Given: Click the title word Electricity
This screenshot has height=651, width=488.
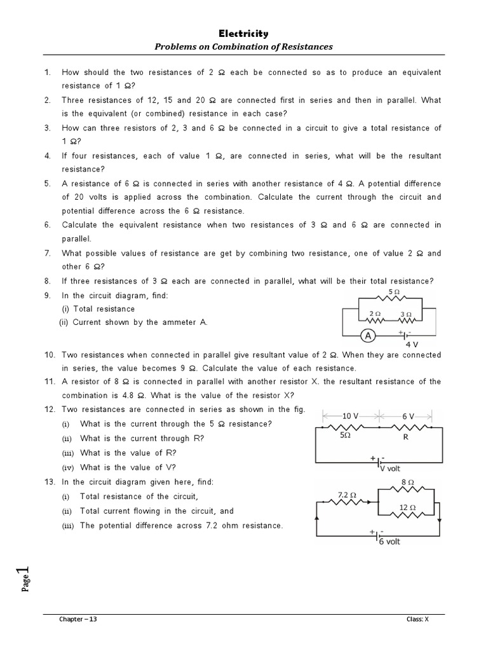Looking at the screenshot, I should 244,34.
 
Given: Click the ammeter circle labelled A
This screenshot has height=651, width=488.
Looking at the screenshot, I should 368,335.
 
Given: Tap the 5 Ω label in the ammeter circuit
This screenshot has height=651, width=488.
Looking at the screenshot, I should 394,292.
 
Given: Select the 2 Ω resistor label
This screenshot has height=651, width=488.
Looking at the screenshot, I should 375,314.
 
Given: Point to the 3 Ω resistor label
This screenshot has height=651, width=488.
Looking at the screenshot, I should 406,314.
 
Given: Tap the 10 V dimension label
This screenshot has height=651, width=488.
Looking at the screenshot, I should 351,416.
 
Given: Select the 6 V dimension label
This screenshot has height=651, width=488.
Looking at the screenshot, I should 408,416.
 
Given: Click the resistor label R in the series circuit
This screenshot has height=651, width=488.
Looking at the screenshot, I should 405,437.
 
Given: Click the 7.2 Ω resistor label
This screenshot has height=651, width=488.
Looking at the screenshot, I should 346,494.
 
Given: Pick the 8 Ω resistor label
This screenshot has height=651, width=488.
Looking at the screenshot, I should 409,483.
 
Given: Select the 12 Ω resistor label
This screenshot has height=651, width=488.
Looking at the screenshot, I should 408,507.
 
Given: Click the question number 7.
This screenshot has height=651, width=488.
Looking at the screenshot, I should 48,253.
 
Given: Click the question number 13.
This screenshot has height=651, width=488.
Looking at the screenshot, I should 50,482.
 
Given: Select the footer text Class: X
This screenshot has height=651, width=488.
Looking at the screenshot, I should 418,619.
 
